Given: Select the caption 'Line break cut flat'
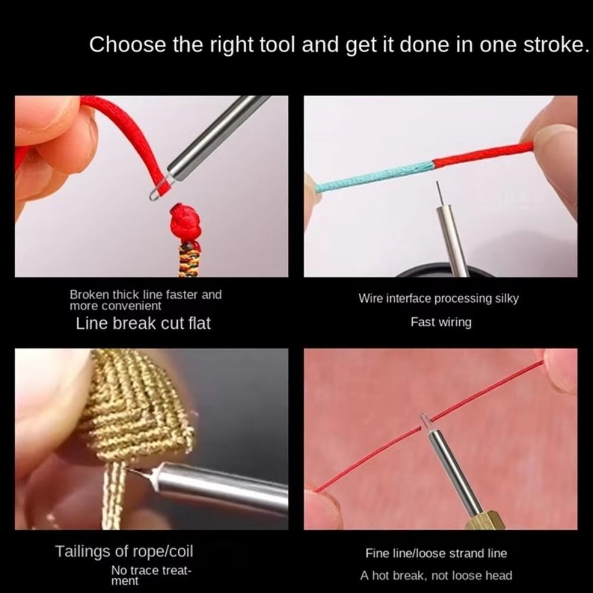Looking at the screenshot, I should click(143, 324).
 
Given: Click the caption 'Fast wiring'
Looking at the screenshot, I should click(441, 323).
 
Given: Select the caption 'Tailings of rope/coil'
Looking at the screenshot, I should click(124, 551).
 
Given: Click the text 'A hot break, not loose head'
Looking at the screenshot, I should click(436, 575).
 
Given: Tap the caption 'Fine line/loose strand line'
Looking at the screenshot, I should click(436, 553).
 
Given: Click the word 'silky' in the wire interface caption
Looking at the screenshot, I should click(506, 299).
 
